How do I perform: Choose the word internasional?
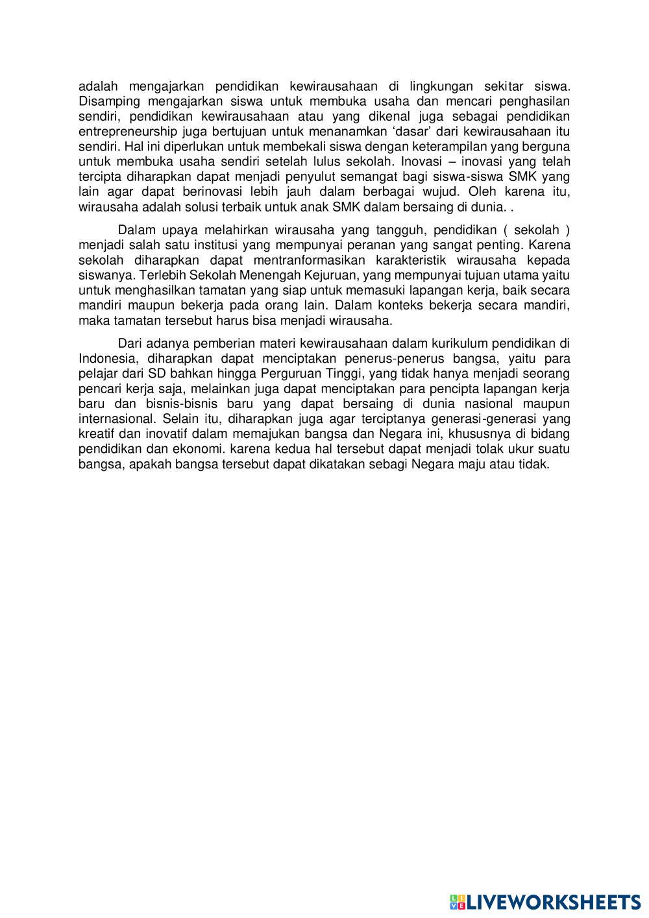pos(117,418)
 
